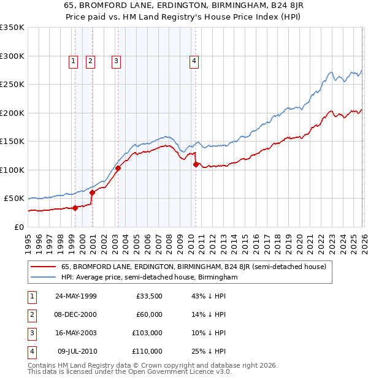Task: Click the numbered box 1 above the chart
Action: [73, 61]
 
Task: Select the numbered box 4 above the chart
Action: [194, 61]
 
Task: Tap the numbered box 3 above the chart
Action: [116, 61]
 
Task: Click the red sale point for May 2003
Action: [118, 169]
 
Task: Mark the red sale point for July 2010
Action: [196, 164]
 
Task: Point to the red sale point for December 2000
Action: [92, 192]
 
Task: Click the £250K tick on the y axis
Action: [12, 85]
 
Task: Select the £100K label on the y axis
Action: [12, 170]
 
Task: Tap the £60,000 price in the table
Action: [149, 314]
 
